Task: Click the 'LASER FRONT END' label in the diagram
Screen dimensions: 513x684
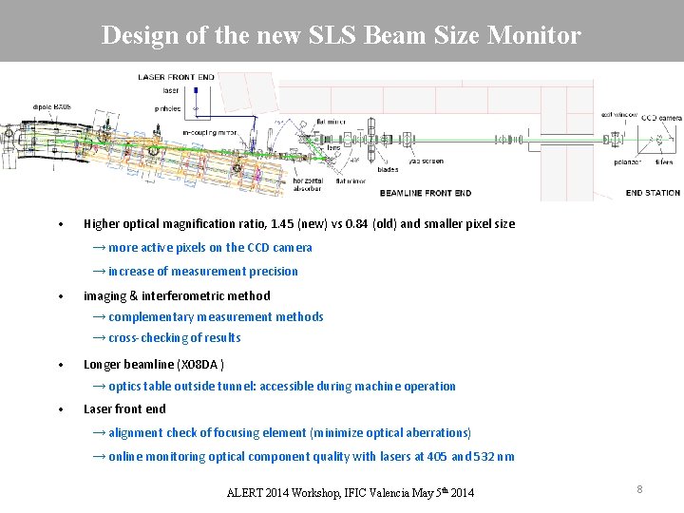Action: tap(177, 77)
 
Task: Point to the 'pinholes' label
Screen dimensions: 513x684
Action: tap(167, 109)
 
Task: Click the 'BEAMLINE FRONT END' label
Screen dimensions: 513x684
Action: tap(425, 193)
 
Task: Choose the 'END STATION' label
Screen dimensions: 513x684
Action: tap(653, 193)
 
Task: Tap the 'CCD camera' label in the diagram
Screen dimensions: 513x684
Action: tap(661, 117)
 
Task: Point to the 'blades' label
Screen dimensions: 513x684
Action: tap(388, 169)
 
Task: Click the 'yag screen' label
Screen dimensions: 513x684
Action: tap(425, 161)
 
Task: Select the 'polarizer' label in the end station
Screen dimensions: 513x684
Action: tap(600, 163)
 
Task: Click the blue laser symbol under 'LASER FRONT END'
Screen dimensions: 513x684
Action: tap(196, 90)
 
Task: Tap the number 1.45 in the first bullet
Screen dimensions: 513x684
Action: tap(282, 224)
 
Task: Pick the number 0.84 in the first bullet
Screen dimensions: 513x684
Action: tap(355, 224)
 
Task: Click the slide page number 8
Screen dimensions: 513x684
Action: tap(639, 489)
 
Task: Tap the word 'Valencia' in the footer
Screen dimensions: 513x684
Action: tap(375, 492)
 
